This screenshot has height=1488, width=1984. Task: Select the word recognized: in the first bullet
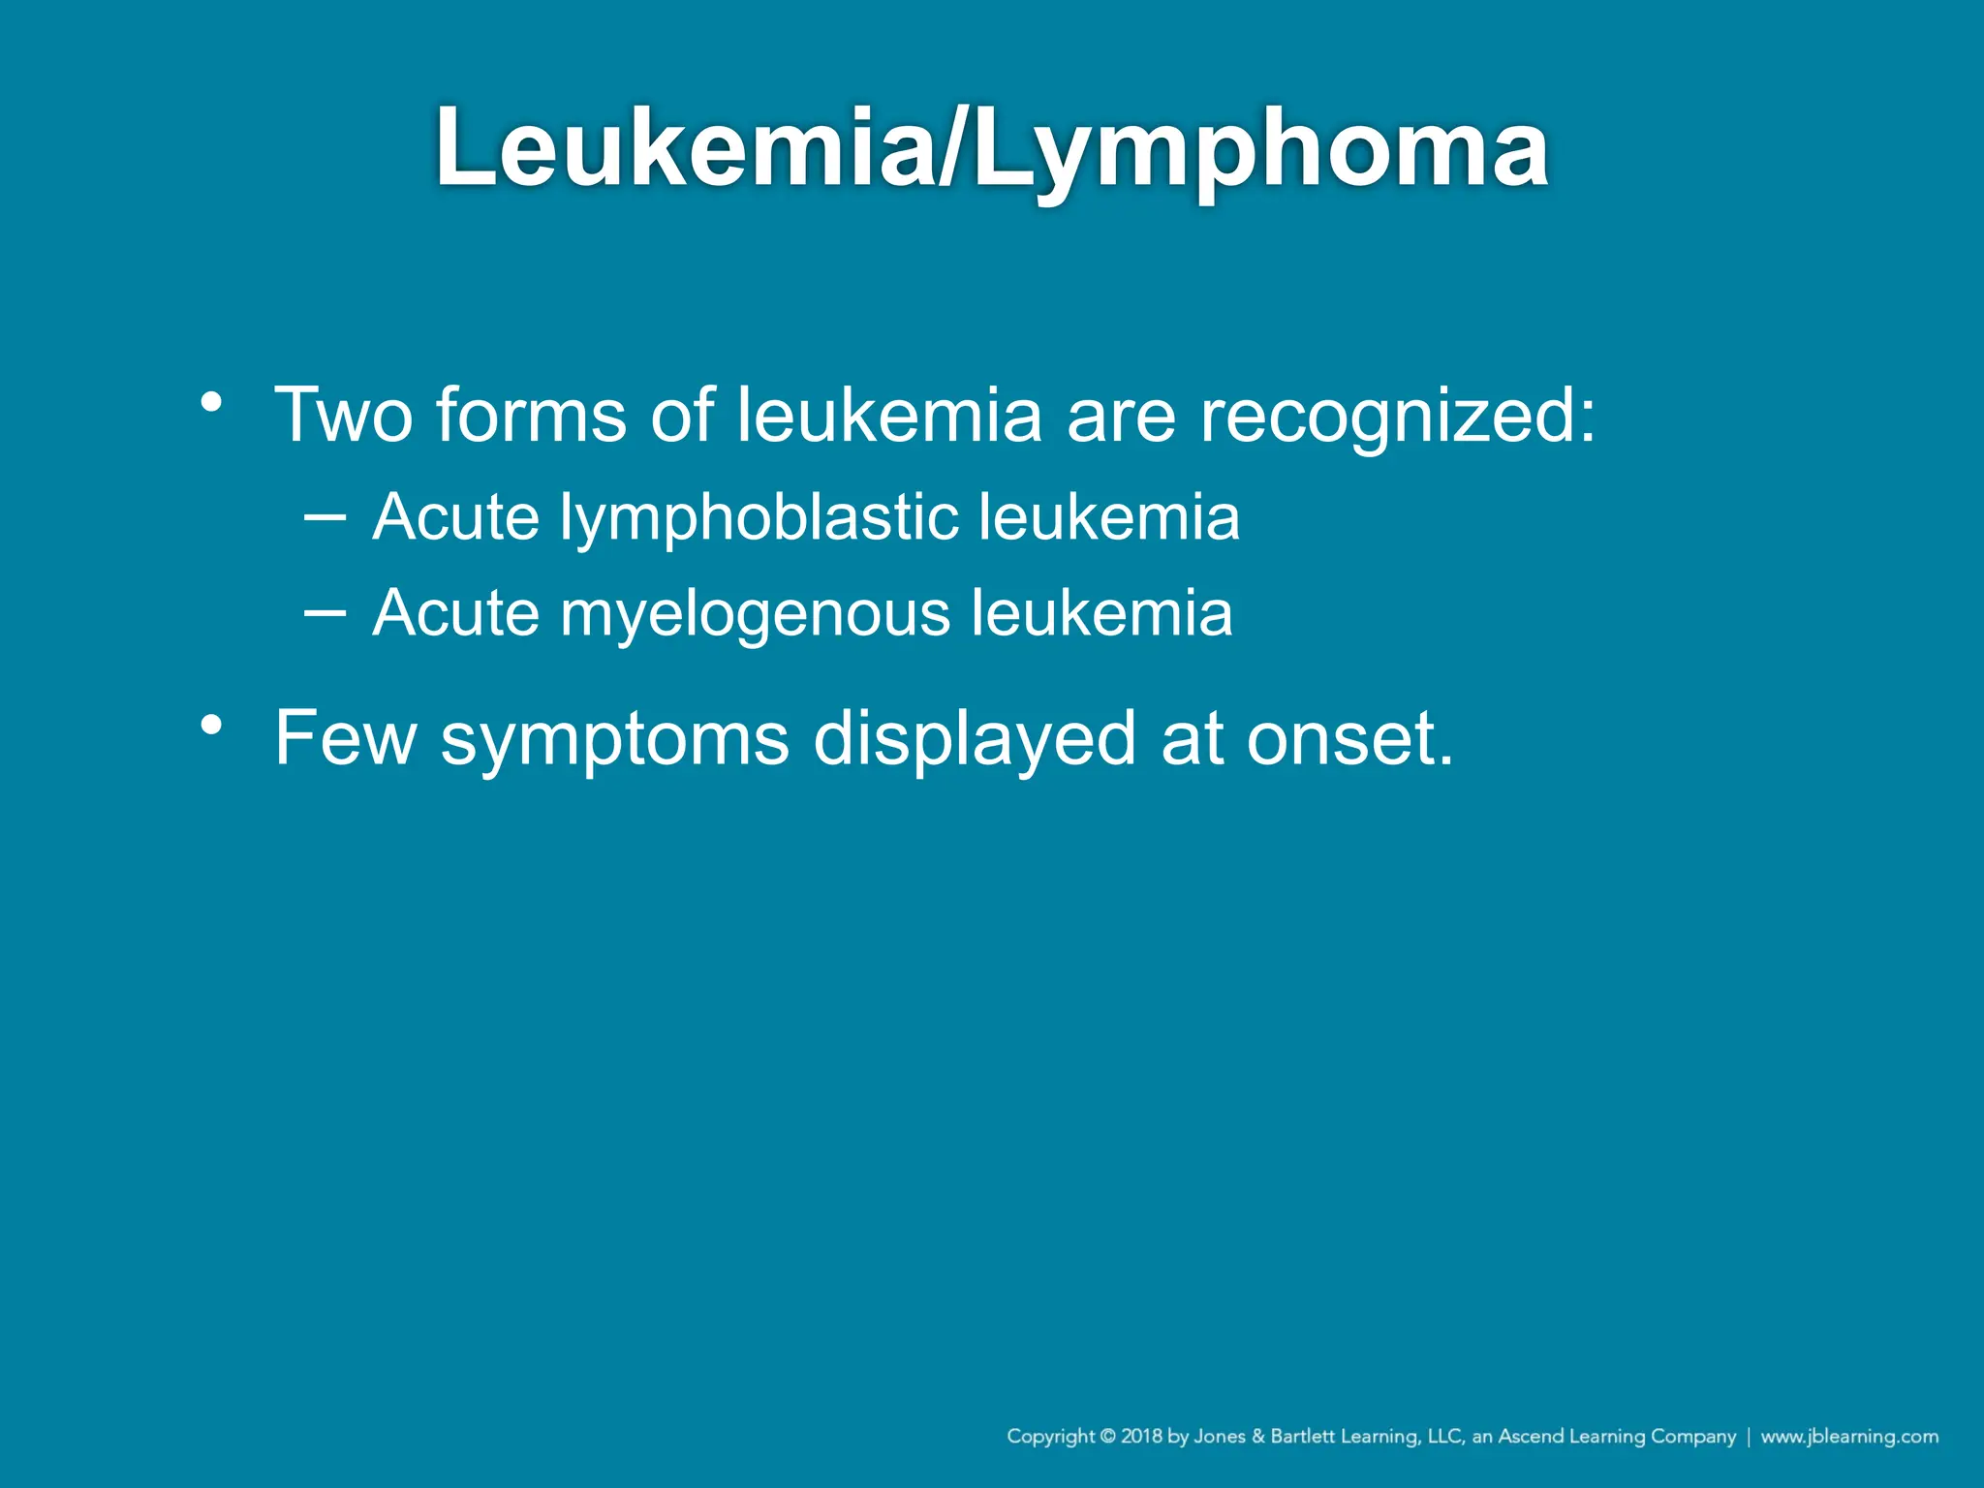coord(1397,417)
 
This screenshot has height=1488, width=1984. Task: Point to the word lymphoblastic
coord(759,518)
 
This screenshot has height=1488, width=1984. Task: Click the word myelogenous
coord(755,615)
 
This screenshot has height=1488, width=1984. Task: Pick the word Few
coord(345,738)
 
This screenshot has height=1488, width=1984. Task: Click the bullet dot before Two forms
coord(211,401)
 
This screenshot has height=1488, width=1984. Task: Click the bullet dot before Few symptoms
coord(211,725)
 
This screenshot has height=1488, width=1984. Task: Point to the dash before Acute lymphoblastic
coord(324,516)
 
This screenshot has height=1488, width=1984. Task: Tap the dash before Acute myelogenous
coord(324,612)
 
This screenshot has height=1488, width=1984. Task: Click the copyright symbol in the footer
coord(1106,1436)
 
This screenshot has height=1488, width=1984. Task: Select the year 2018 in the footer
coord(1141,1436)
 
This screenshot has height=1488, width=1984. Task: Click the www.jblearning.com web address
coord(1849,1436)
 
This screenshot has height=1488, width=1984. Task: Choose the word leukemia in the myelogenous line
coord(1101,613)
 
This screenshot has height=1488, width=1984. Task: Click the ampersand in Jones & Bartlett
coord(1258,1436)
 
